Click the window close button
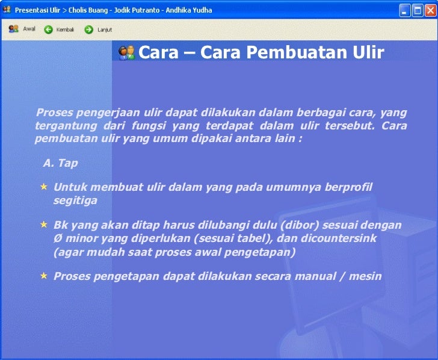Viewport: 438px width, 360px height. pos(429,11)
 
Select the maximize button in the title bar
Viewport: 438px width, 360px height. pos(417,11)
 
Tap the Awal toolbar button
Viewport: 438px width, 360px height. pos(22,29)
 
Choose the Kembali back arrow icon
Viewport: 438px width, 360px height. pos(49,29)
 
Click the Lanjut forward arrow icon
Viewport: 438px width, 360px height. pos(88,29)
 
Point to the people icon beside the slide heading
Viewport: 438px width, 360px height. pos(126,53)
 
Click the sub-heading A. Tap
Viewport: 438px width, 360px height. pos(60,163)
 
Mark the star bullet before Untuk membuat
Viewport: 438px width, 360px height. pos(43,187)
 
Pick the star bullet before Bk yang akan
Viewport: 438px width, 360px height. pos(43,225)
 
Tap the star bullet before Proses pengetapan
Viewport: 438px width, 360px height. pos(43,276)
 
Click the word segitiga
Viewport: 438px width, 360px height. pos(75,200)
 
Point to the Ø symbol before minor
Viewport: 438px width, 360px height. pos(58,238)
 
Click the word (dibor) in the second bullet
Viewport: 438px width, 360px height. pos(301,225)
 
